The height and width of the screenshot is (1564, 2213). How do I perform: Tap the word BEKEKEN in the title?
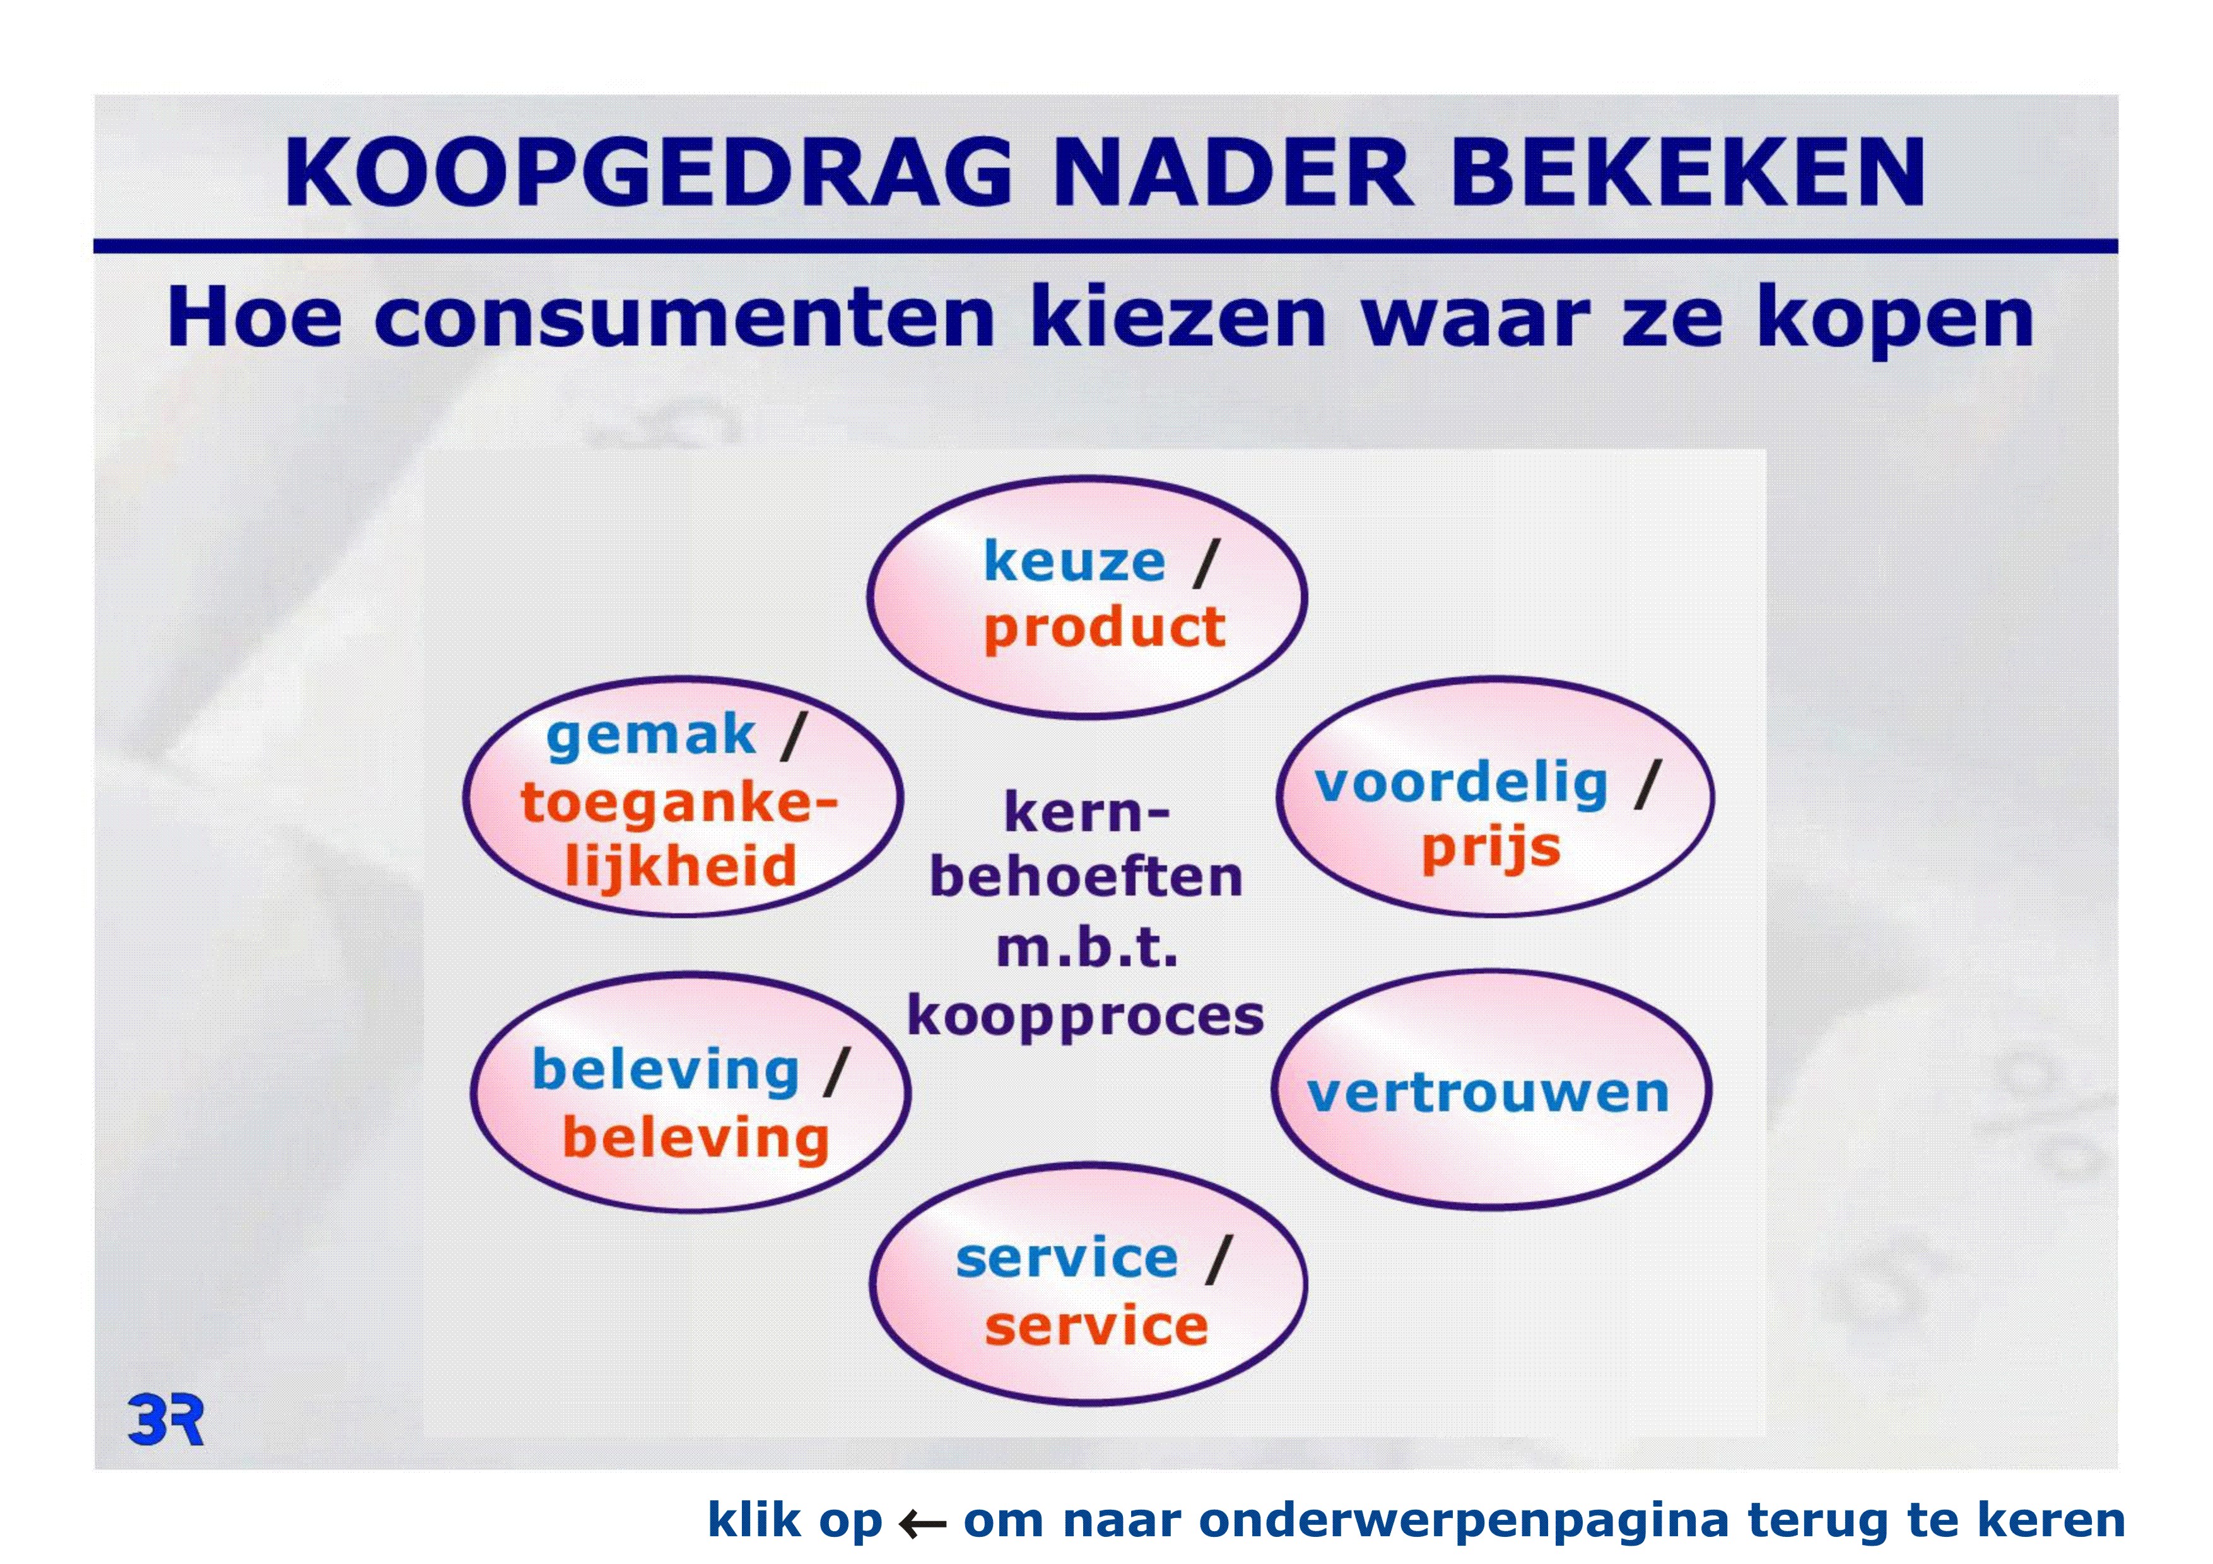click(1687, 173)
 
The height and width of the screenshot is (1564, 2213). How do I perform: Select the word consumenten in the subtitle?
click(684, 318)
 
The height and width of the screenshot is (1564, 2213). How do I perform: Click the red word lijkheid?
click(681, 865)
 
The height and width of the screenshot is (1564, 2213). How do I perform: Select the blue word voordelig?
click(1461, 785)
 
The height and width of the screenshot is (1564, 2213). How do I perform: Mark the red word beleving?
click(695, 1138)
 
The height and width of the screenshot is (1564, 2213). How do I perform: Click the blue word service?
click(1067, 1259)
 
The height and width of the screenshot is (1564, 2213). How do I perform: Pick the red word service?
click(1096, 1326)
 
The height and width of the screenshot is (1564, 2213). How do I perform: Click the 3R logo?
click(166, 1420)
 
